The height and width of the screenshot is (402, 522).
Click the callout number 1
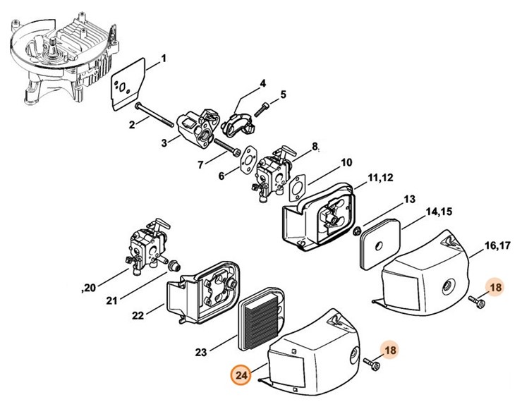point(163,58)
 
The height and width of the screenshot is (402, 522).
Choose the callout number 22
point(138,314)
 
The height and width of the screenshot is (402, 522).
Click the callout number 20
point(90,287)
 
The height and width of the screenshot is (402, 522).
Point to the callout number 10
point(346,162)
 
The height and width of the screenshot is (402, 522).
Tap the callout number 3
point(164,142)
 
